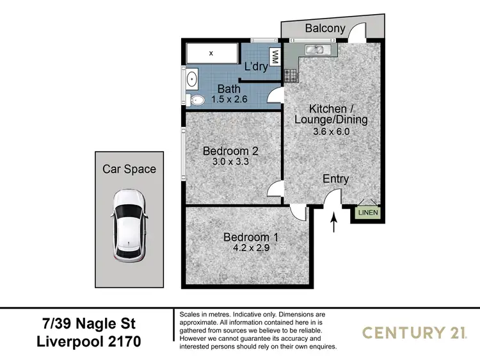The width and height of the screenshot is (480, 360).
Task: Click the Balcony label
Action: pos(324,28)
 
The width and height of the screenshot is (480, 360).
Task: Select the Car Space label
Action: pos(129,169)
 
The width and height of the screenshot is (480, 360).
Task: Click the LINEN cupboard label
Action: pos(368,213)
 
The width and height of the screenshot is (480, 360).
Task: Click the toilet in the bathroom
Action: pos(195,100)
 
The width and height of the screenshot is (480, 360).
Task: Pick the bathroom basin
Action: pos(191,80)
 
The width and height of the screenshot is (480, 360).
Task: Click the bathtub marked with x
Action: pos(211,53)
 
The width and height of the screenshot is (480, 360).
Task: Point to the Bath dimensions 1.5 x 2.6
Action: pos(229,99)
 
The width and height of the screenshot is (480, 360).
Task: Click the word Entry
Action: pos(335,179)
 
